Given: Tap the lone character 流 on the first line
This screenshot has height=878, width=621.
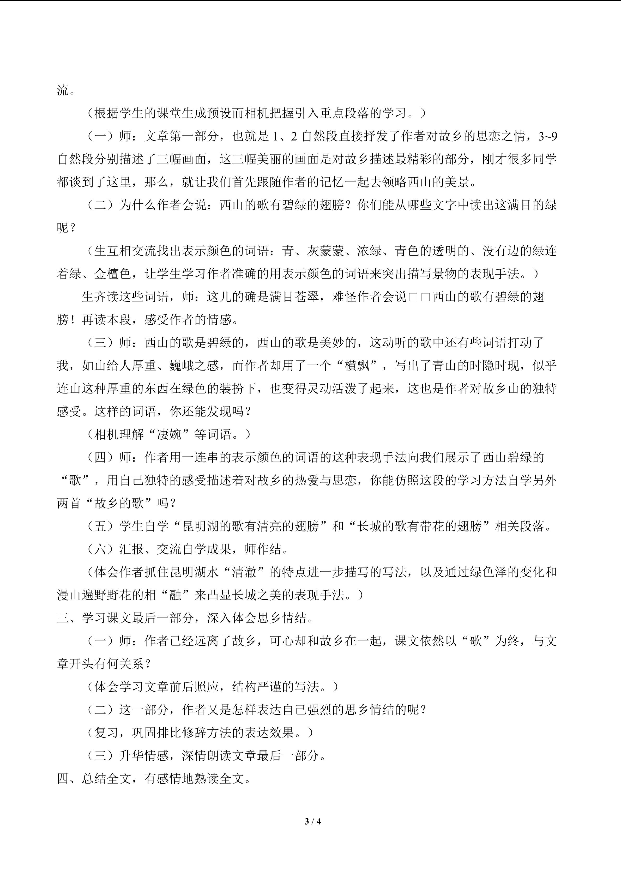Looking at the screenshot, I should click(x=63, y=91).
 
